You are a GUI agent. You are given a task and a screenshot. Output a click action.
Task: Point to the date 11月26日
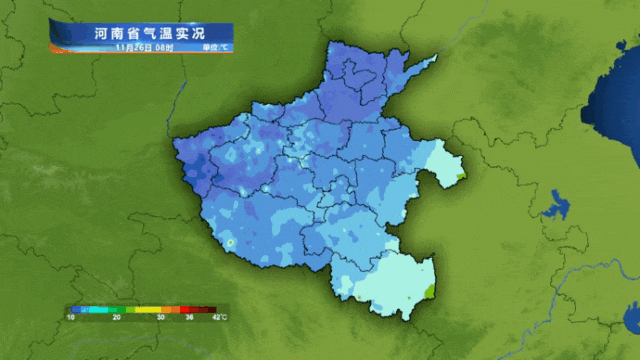click(134, 47)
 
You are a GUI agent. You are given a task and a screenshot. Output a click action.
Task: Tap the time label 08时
click(164, 47)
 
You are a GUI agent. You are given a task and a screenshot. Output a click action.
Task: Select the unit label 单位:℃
click(214, 47)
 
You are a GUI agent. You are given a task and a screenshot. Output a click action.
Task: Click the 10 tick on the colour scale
click(71, 316)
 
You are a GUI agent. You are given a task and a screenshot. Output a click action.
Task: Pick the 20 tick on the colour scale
click(117, 316)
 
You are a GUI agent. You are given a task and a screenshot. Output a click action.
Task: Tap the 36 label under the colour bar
click(189, 316)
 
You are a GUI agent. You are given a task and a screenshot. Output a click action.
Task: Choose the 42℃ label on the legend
click(219, 316)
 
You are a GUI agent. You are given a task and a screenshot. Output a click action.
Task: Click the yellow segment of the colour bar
click(150, 308)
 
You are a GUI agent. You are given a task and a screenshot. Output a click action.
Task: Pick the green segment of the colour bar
click(120, 308)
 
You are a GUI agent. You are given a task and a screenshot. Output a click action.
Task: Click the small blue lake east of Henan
click(553, 207)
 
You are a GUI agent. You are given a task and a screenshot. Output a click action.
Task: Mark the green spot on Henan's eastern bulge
click(458, 177)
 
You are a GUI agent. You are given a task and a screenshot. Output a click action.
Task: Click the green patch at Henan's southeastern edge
click(429, 291)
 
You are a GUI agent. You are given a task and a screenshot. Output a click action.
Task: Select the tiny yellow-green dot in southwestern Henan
click(230, 242)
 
